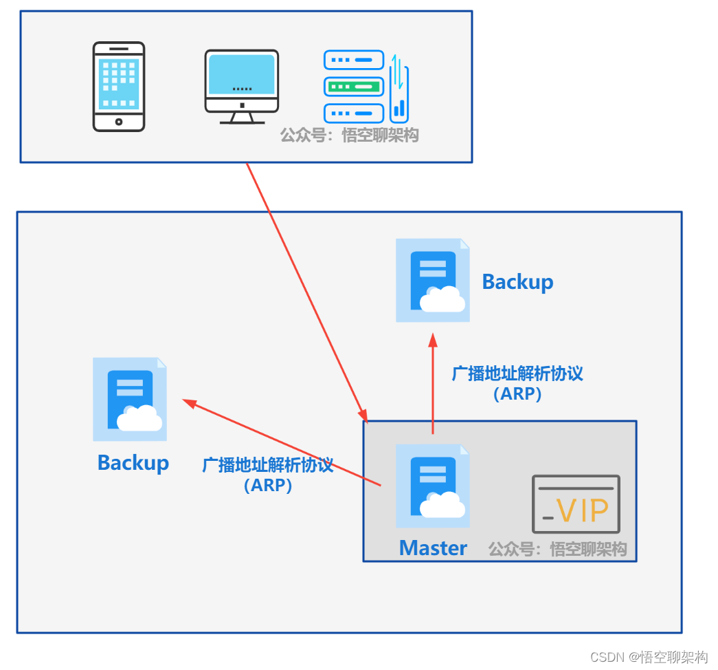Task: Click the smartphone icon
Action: coord(119,87)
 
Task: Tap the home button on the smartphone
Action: coord(119,122)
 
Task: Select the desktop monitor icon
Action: coord(242,87)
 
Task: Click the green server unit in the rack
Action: coord(354,87)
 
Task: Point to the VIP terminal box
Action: coord(576,504)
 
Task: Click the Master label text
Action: coord(433,548)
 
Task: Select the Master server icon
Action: coord(433,486)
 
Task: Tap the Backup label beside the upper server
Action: coord(518,282)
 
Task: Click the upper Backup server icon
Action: coord(433,280)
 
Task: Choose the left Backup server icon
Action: coord(130,399)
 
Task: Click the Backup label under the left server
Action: coord(133,463)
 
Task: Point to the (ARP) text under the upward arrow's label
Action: coord(517,394)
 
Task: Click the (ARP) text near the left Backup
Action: coord(268,485)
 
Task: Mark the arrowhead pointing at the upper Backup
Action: coord(433,340)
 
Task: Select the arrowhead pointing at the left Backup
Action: coord(189,403)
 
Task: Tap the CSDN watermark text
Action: coord(649,657)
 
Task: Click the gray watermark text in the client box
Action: coord(350,136)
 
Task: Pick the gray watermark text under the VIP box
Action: coord(557,549)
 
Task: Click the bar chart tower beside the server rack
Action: coord(399,89)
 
